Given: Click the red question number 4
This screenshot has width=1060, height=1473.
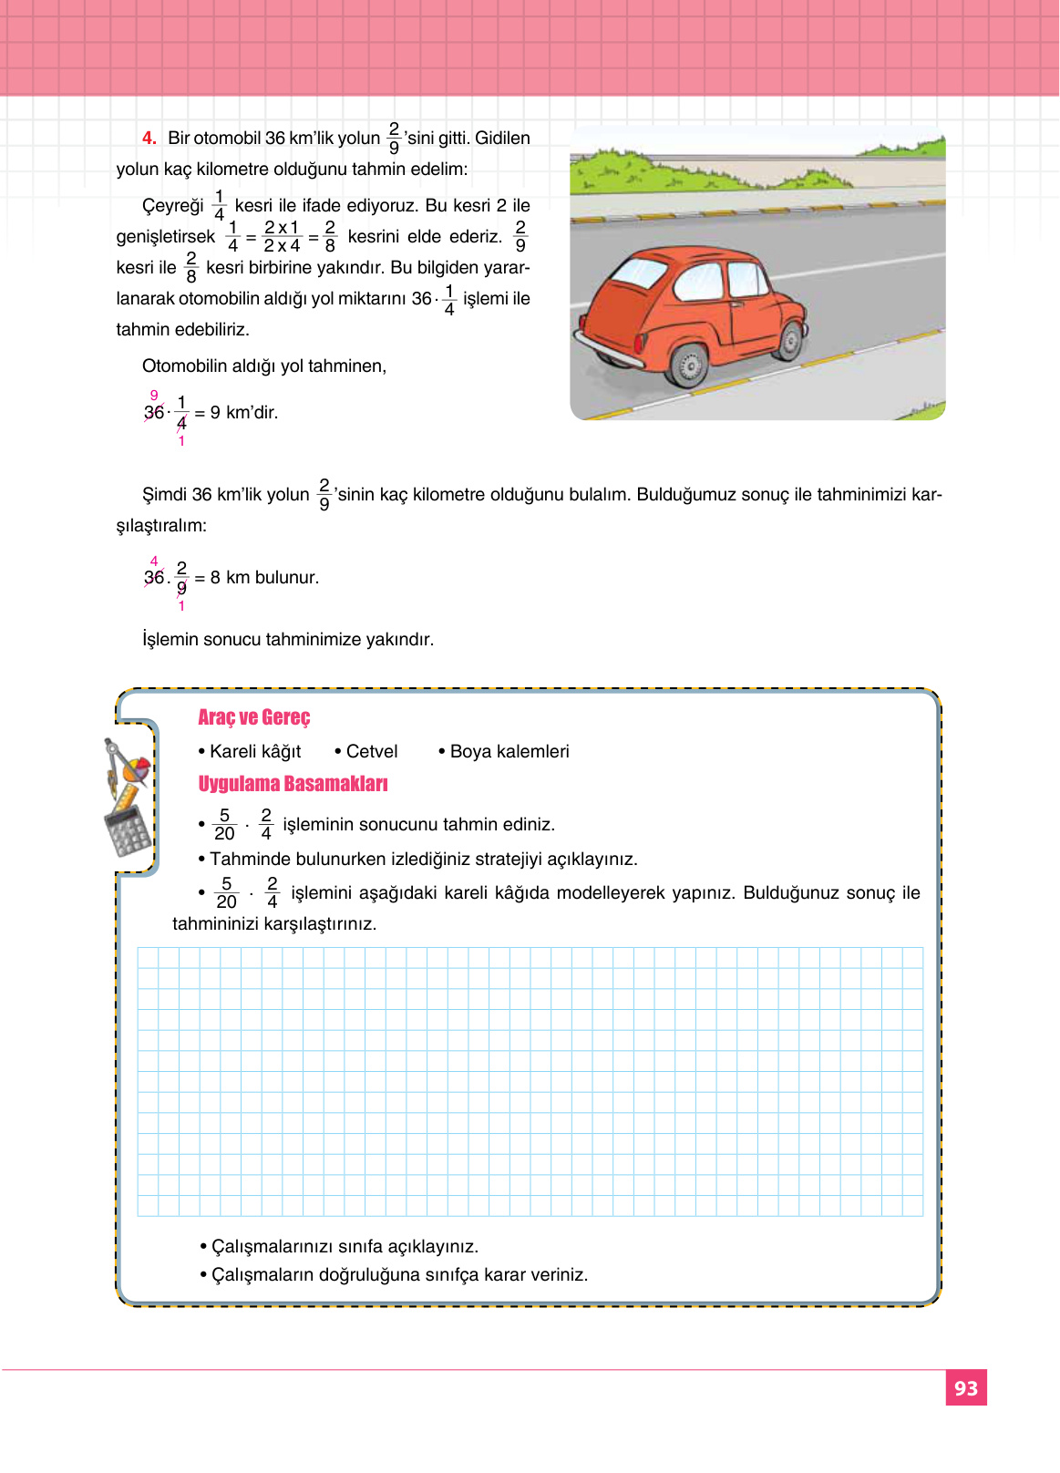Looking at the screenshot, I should pos(149,139).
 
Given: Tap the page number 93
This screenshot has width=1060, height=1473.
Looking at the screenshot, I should pos(965,1388).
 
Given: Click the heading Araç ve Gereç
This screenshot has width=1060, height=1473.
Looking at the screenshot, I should pos(254,717).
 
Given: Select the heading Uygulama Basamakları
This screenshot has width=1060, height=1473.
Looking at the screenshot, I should pos(293,784).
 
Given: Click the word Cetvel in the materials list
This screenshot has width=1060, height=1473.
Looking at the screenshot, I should pos(371,751).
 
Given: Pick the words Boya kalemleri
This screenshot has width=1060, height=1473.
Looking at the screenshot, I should pos(509,751).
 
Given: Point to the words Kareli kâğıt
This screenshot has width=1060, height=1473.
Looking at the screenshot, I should pos(255,751).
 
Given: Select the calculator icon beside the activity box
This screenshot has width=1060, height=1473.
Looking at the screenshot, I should pos(127,830).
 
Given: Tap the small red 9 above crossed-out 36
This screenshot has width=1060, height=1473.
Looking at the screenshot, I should pos(154,396).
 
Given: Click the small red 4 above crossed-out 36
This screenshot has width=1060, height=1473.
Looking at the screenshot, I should pos(154,561).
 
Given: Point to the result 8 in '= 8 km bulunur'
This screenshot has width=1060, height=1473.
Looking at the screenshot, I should pos(215,578).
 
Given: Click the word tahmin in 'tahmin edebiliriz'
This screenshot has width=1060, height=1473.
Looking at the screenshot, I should pos(142,330).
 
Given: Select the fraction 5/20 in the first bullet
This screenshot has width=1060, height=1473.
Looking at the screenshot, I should pos(224,824).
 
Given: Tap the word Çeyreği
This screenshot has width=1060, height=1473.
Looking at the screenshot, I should pos(173,206).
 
